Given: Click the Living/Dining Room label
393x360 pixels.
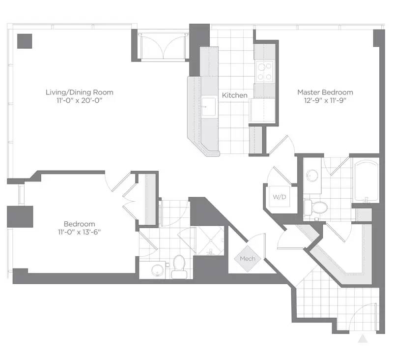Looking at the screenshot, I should point(79,92).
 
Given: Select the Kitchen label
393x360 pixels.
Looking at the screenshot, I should point(234,95).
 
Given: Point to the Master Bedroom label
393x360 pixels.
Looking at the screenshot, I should point(325,92).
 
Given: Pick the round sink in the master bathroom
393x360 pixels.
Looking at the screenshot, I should point(311,175).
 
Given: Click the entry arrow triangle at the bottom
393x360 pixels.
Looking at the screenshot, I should point(363,338).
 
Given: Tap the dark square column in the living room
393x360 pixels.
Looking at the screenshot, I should point(24,41).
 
